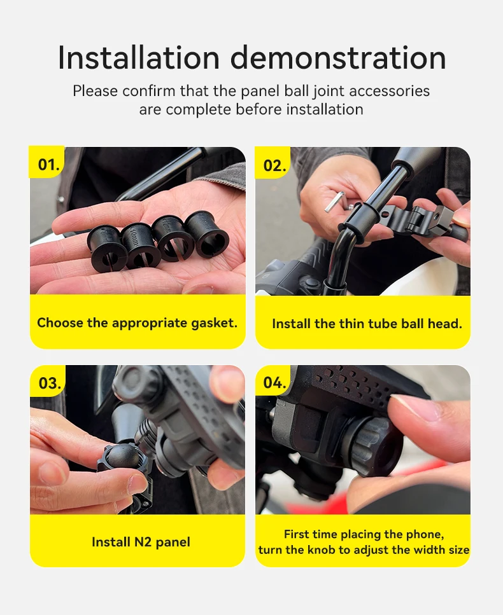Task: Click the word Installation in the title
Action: tap(139, 58)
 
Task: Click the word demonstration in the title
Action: tap(338, 58)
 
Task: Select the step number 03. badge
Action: tap(48, 381)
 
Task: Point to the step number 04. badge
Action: tap(273, 381)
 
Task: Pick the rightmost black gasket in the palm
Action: tap(207, 235)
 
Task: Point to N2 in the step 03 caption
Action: tap(143, 542)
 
